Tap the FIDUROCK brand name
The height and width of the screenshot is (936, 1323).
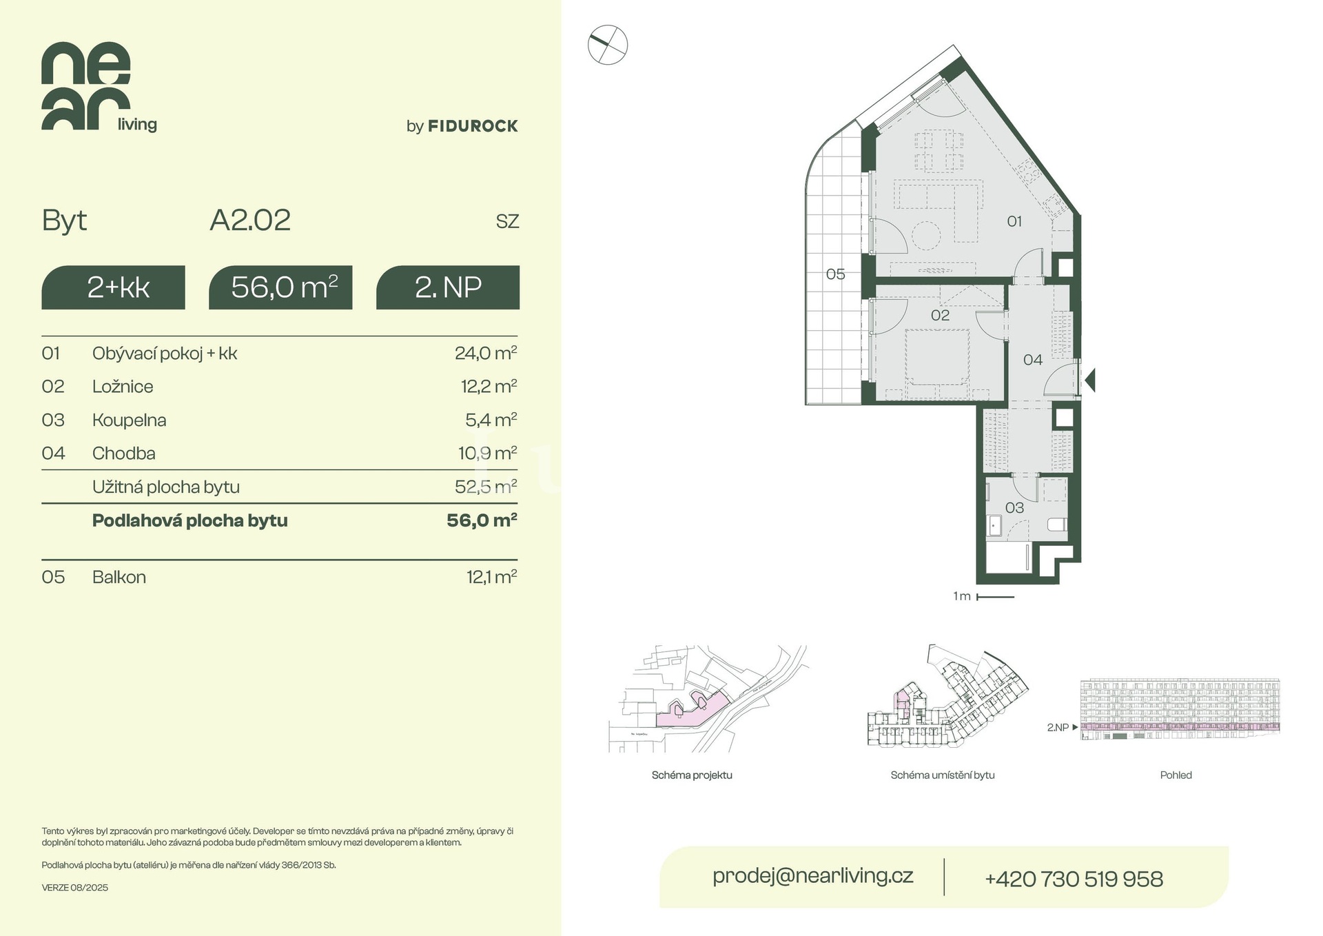473,126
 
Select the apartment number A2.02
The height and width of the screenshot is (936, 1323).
250,221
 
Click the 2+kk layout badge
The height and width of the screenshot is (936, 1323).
113,287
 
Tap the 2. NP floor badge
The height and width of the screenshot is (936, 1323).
448,287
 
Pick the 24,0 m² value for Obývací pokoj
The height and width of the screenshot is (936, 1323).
486,353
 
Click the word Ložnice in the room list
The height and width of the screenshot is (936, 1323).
123,387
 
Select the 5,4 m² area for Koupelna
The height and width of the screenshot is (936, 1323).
491,420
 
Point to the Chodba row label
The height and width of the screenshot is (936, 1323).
124,454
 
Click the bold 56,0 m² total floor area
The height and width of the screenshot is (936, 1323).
482,520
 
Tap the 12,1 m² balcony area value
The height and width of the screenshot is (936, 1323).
492,577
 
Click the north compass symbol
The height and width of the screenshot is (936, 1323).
608,45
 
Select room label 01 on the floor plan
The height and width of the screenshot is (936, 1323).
1014,221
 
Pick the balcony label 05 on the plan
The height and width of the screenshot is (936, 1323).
835,274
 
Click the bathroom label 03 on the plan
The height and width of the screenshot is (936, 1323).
1014,508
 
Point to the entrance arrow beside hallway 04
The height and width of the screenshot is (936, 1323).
1090,380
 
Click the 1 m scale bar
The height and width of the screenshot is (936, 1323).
995,597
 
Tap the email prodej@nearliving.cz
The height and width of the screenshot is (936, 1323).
813,876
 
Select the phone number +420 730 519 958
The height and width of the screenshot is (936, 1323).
1074,879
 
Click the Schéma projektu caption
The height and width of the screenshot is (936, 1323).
692,775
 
